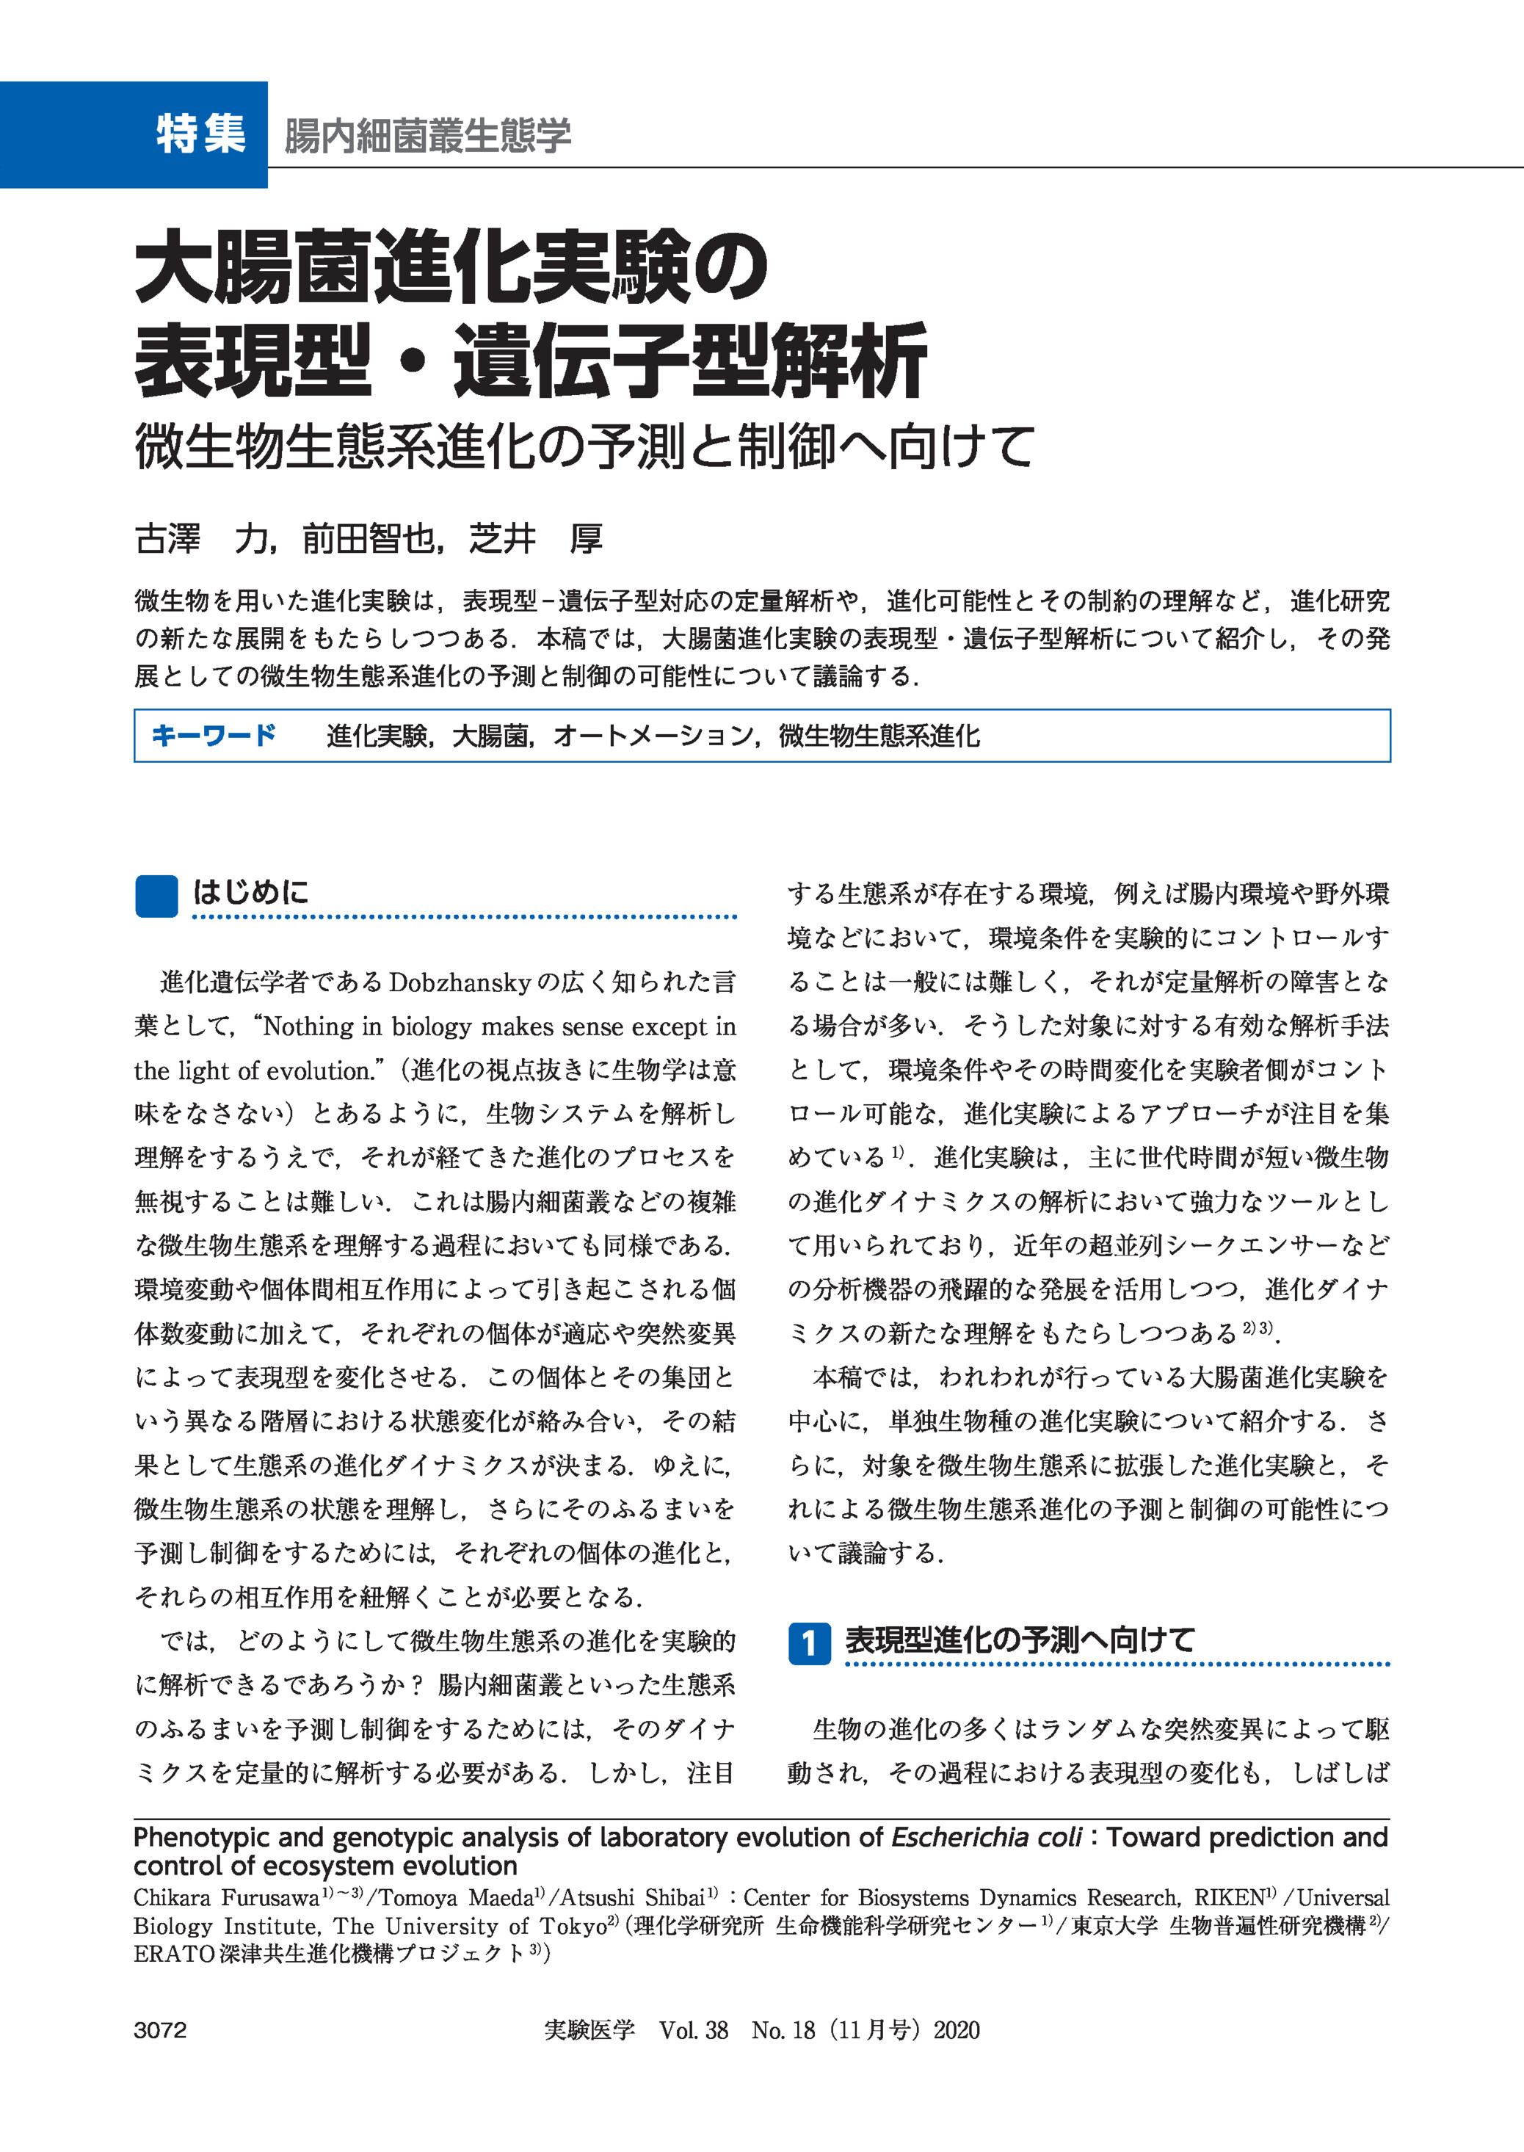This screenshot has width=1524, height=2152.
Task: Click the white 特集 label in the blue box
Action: (x=201, y=134)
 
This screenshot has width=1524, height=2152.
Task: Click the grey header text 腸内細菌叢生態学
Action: (x=427, y=135)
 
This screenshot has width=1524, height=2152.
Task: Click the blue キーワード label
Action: (x=214, y=735)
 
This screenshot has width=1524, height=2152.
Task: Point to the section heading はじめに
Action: (x=250, y=891)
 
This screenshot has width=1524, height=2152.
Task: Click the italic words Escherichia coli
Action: (x=985, y=1837)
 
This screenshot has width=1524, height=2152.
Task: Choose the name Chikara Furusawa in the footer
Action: (x=226, y=1898)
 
